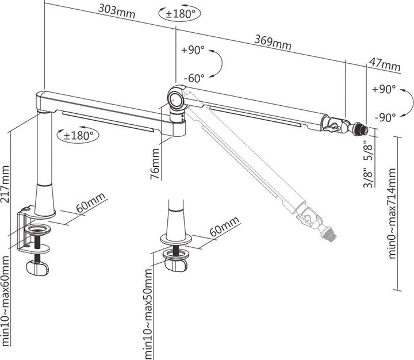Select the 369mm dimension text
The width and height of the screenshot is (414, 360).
[x=273, y=41]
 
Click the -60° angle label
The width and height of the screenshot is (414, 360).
[x=195, y=78]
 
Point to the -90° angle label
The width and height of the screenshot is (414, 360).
[x=385, y=117]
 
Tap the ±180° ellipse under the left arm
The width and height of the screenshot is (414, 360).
[x=79, y=135]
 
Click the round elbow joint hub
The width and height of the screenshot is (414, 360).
[x=176, y=98]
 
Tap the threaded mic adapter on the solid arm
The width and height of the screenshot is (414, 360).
[x=361, y=129]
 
